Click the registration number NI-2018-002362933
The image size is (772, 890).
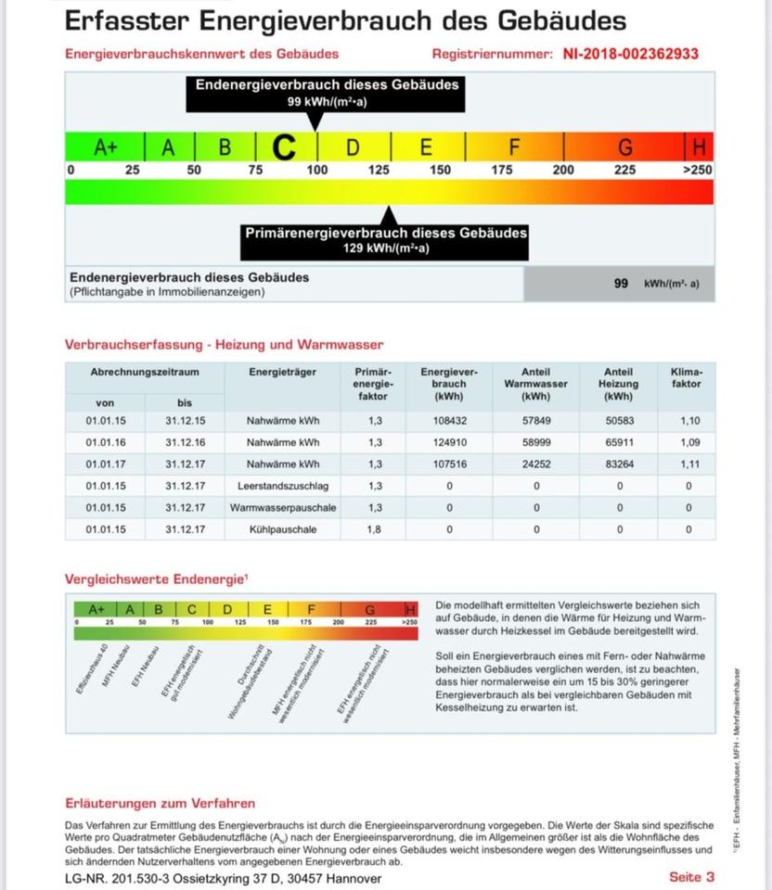(x=630, y=55)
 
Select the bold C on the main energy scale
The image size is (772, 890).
(x=285, y=146)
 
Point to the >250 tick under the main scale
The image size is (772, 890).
(x=697, y=171)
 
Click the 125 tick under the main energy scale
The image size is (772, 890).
(x=379, y=171)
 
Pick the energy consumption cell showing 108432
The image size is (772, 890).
(x=449, y=420)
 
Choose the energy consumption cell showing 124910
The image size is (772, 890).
(x=449, y=442)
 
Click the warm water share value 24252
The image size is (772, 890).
(x=535, y=464)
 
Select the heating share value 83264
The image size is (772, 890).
(x=619, y=464)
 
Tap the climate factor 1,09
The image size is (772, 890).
(x=687, y=442)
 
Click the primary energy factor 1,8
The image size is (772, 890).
(x=375, y=530)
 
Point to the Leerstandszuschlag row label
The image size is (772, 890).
(x=283, y=486)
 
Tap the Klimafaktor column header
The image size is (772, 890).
(x=686, y=378)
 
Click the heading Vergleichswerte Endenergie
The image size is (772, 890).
(x=156, y=579)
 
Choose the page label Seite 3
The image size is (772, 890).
(x=691, y=877)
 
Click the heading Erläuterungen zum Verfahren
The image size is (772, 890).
(x=160, y=804)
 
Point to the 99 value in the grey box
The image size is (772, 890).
(x=621, y=284)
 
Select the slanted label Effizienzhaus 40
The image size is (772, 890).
(x=93, y=663)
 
